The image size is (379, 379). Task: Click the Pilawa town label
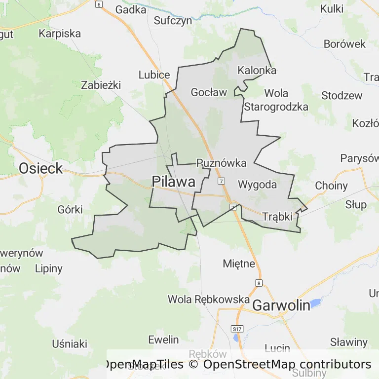173,182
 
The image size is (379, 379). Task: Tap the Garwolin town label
281,305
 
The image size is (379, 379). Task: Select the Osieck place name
41,168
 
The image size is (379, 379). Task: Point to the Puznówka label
221,162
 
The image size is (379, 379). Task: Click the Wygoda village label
257,185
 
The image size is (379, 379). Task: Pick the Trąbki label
278,216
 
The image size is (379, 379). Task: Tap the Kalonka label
257,70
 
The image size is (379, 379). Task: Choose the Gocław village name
209,92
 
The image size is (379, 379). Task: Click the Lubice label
154,75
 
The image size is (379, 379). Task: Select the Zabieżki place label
101,85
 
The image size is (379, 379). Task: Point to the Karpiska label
60,34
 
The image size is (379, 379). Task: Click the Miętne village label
239,263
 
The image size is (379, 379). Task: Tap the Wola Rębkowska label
209,299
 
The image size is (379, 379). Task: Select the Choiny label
331,186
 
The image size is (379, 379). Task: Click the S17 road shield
237,329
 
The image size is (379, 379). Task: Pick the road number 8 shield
259,283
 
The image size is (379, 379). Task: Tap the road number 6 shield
99,4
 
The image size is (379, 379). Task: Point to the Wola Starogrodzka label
276,100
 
